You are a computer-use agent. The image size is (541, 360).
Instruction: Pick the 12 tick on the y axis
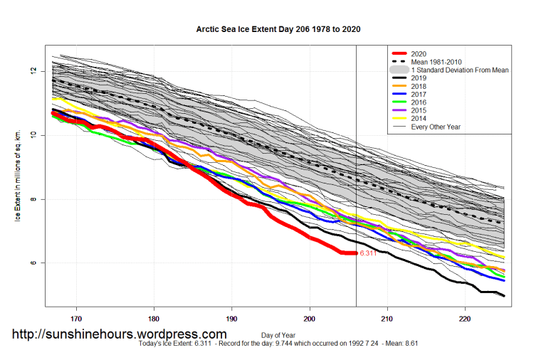coord(32,71)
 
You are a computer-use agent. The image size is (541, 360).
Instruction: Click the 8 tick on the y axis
coord(32,199)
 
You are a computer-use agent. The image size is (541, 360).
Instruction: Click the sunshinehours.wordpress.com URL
coord(120,334)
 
